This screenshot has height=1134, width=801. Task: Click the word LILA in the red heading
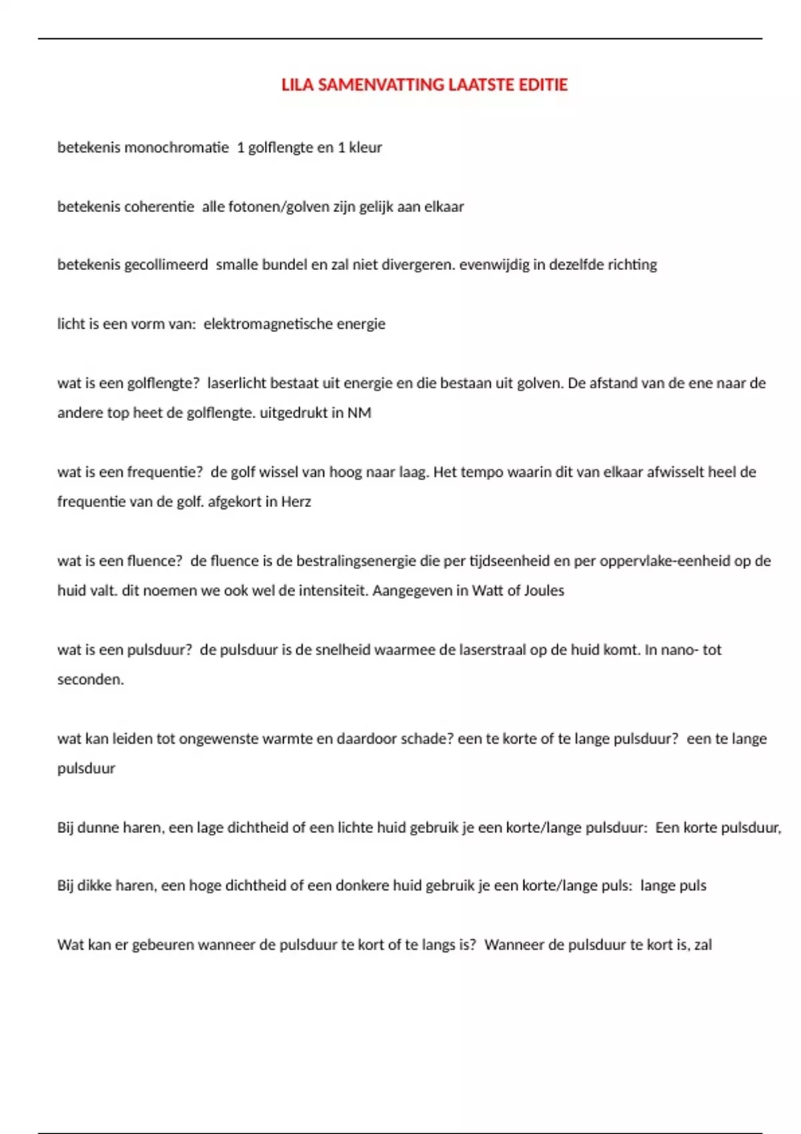297,85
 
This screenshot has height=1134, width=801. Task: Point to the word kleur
365,147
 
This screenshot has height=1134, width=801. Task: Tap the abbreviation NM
359,413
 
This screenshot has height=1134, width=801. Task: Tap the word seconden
90,680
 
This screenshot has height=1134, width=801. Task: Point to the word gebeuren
163,945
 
